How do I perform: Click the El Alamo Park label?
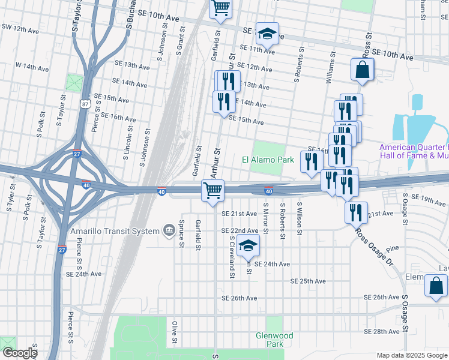(268, 160)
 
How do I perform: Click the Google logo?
(19, 353)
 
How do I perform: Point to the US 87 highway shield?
(86, 104)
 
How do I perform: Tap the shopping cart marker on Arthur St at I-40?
(213, 191)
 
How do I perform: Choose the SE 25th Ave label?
(307, 281)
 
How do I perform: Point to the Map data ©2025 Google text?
(411, 355)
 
